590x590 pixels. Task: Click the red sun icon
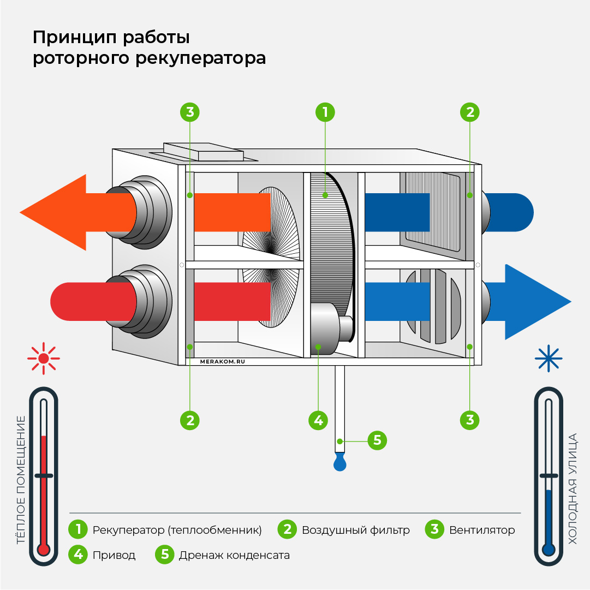(x=43, y=359)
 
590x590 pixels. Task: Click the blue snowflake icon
(x=548, y=359)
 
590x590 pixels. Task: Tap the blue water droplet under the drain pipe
(x=341, y=463)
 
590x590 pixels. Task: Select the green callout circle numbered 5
(x=377, y=440)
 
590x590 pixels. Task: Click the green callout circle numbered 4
(x=318, y=420)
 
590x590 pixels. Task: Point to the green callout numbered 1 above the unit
(x=325, y=112)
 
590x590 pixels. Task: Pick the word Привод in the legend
(x=114, y=555)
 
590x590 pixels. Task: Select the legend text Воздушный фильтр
(x=355, y=530)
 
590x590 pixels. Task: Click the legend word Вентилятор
(x=482, y=530)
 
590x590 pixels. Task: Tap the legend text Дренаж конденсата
(x=234, y=555)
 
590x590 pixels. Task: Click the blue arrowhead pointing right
(x=537, y=302)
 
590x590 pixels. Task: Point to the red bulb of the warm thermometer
(x=43, y=549)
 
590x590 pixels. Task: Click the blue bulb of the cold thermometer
(x=549, y=549)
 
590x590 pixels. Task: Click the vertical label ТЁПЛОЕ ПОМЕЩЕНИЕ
(x=21, y=480)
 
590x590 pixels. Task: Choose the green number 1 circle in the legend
(x=79, y=529)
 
